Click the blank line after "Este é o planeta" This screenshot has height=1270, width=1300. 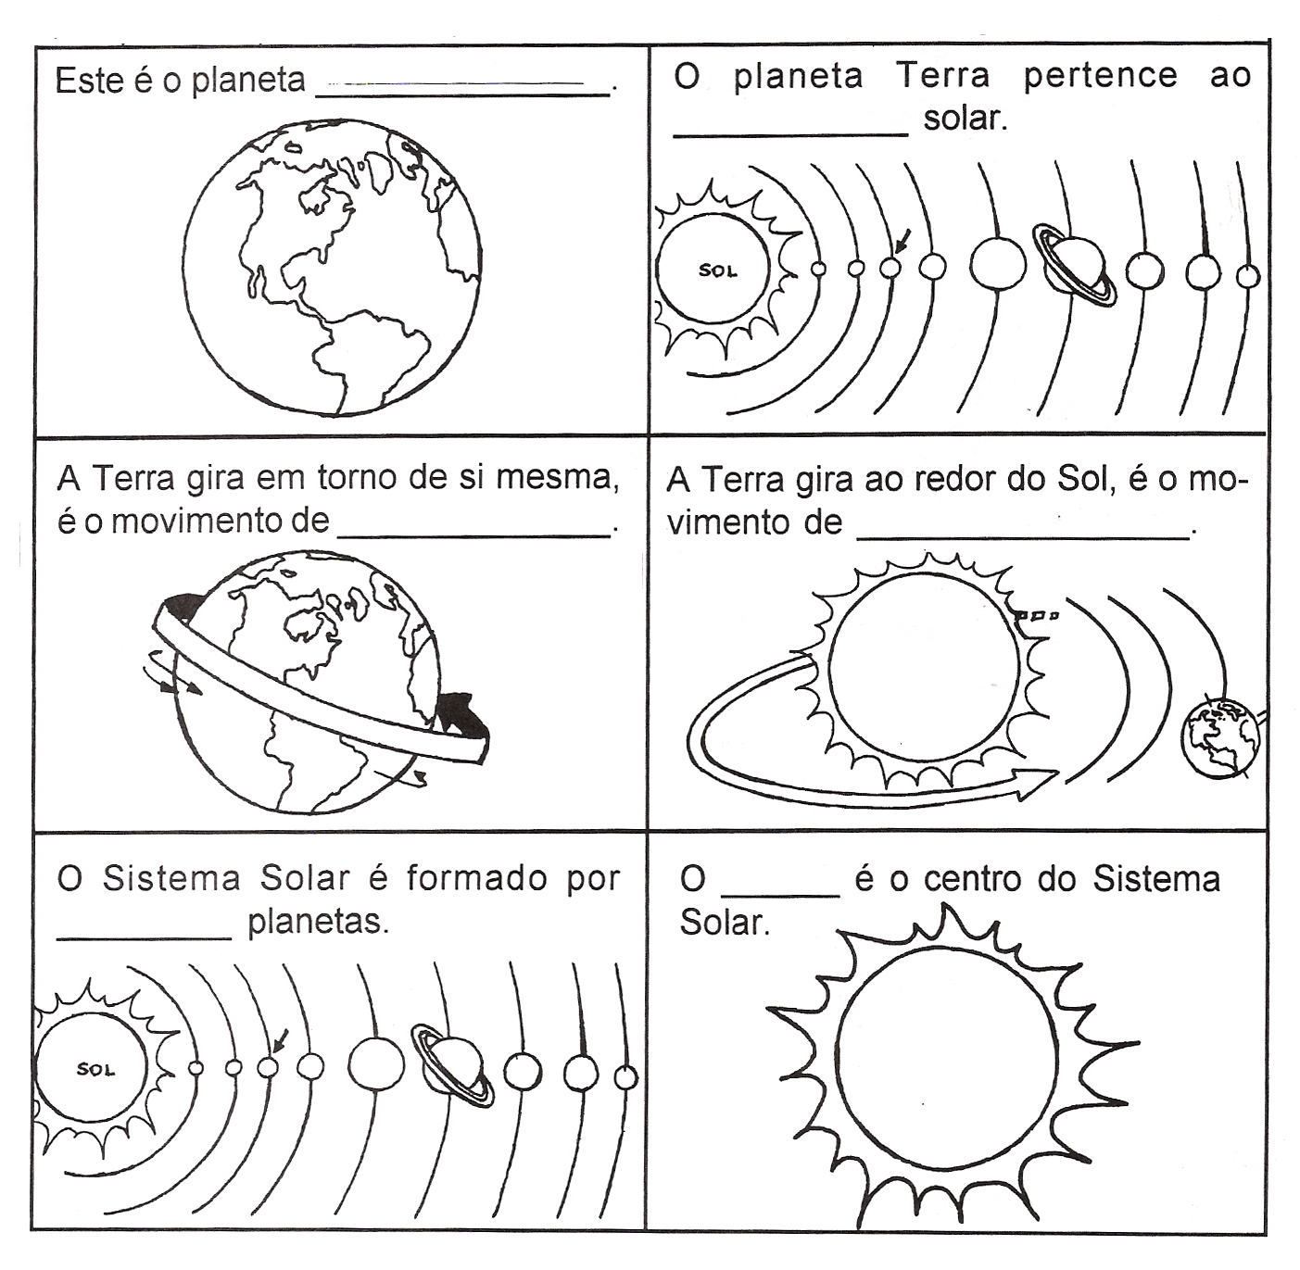[463, 91]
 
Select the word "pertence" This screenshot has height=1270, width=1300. [1100, 76]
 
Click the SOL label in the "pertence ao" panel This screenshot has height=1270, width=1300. [717, 271]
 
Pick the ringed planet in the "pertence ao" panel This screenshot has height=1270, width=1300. [1075, 265]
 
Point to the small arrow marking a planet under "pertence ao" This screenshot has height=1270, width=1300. [903, 241]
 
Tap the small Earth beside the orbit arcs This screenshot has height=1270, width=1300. [1220, 737]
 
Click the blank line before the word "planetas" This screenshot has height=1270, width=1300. [145, 937]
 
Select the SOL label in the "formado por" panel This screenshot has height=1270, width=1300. [95, 1070]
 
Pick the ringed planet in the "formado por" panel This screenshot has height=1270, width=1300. [453, 1066]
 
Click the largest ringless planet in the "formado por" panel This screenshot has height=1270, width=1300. [376, 1063]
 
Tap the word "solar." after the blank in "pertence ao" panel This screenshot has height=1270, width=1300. [965, 119]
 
